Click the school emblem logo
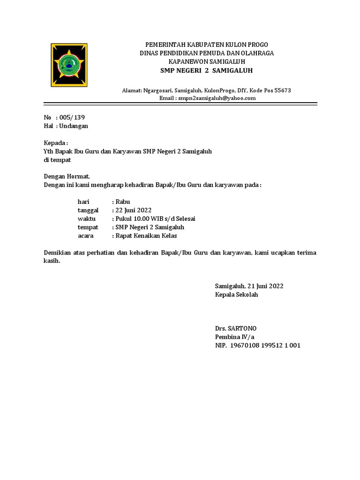click(69, 65)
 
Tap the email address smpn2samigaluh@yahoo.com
click(216, 98)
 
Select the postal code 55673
click(282, 90)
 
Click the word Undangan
click(74, 126)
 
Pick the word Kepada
click(55, 142)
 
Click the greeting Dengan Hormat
click(66, 176)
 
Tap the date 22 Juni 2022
click(133, 210)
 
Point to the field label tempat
click(88, 227)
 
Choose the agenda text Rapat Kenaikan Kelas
click(146, 235)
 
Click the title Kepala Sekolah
click(236, 294)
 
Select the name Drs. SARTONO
click(236, 328)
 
